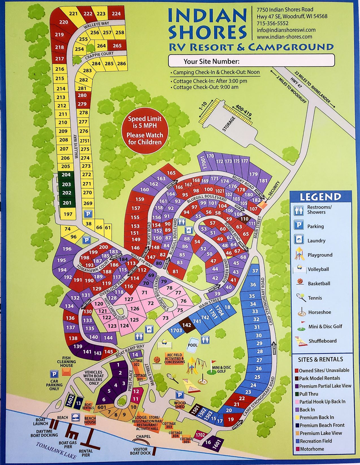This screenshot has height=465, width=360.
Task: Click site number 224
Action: pos(116,13)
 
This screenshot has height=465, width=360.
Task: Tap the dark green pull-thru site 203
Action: pos(67,184)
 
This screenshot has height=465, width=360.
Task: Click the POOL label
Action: pos(193,345)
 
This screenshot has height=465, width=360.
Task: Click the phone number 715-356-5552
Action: pos(272,23)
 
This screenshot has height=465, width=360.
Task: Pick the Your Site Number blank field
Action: pos(251,61)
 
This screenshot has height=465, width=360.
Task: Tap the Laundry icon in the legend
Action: pos(298,240)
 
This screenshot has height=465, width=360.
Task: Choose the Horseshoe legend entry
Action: pos(320,312)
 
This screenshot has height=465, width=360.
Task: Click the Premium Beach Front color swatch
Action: pos(297,425)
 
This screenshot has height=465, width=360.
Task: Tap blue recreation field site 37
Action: pos(255,271)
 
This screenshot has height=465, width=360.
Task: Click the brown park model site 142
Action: pos(186,325)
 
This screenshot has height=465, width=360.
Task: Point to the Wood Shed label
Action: pos(180,405)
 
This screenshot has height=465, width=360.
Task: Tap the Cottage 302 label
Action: pos(136,363)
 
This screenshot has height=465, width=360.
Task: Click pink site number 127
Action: pos(129,299)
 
